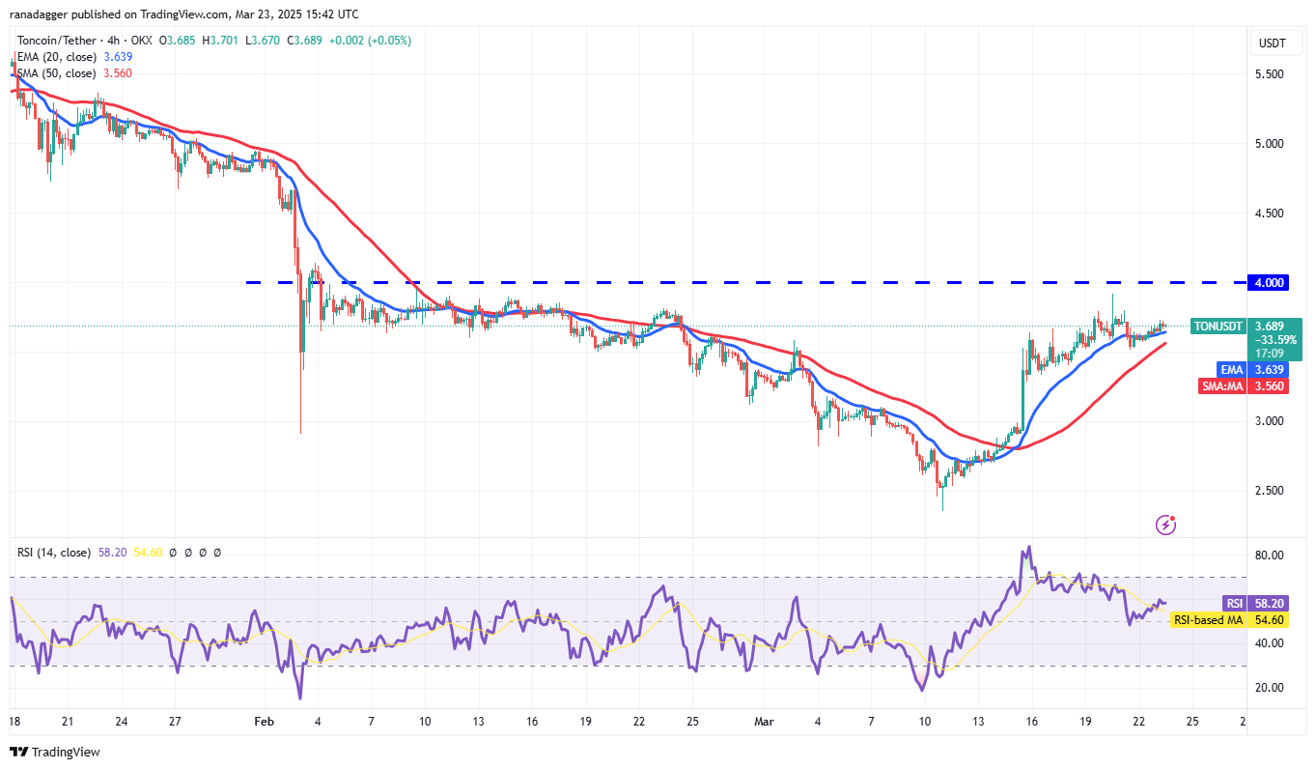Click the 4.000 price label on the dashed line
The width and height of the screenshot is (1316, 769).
pyautogui.click(x=1269, y=282)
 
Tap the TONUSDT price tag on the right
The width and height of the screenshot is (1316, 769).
pyautogui.click(x=1219, y=327)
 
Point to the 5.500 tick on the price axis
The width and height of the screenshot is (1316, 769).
pyautogui.click(x=1269, y=74)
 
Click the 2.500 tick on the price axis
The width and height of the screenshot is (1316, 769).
pyautogui.click(x=1269, y=491)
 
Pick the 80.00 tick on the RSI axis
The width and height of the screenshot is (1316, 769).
pyautogui.click(x=1269, y=555)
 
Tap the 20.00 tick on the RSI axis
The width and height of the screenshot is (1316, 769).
pyautogui.click(x=1269, y=688)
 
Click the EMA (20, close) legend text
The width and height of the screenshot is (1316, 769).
pyautogui.click(x=56, y=57)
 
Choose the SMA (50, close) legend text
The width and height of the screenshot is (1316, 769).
pyautogui.click(x=56, y=73)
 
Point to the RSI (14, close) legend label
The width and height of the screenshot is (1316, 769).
pyautogui.click(x=54, y=553)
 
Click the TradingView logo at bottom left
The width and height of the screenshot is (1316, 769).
pyautogui.click(x=55, y=752)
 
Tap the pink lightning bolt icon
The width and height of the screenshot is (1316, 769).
pyautogui.click(x=1166, y=525)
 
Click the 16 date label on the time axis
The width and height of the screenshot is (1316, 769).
pyautogui.click(x=1031, y=722)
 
